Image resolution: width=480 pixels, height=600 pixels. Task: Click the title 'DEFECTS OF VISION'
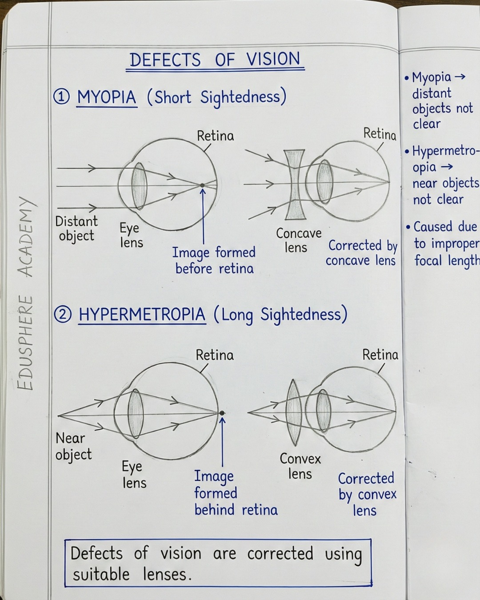tap(215, 60)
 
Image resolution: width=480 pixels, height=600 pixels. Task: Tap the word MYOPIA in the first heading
tap(107, 97)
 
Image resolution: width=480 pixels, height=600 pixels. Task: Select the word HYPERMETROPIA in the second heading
tap(142, 314)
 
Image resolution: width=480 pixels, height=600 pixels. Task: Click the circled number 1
tap(61, 97)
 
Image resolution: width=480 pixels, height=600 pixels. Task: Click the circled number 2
tap(63, 315)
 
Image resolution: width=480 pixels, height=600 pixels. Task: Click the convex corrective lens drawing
tap(293, 412)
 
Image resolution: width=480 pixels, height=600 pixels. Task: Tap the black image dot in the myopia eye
tap(202, 185)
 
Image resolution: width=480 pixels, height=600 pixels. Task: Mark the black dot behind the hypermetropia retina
tap(222, 413)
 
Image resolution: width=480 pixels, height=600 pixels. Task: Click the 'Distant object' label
tap(76, 228)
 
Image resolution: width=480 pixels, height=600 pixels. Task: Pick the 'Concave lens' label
tap(299, 240)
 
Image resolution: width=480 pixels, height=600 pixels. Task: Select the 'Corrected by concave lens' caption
tap(362, 253)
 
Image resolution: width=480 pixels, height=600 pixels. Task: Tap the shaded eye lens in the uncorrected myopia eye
tap(139, 186)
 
